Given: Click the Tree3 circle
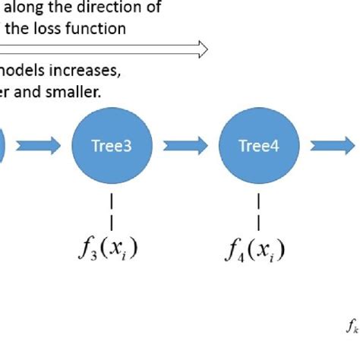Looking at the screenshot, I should point(112,146).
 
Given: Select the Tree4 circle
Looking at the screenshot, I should point(259,146).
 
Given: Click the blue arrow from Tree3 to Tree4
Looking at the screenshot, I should point(185,146).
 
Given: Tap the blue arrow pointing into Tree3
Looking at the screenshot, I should point(38,146).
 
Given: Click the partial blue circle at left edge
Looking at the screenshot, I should point(2,146).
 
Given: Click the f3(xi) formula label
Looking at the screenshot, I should point(112,248).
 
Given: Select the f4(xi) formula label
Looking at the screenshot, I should point(259,248).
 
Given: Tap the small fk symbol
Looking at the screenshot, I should point(352,327).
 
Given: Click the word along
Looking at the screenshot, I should point(23,9).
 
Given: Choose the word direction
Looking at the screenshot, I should point(106,9).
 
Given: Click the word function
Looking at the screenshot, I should point(98,29).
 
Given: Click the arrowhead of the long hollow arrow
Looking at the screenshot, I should point(202,49).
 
